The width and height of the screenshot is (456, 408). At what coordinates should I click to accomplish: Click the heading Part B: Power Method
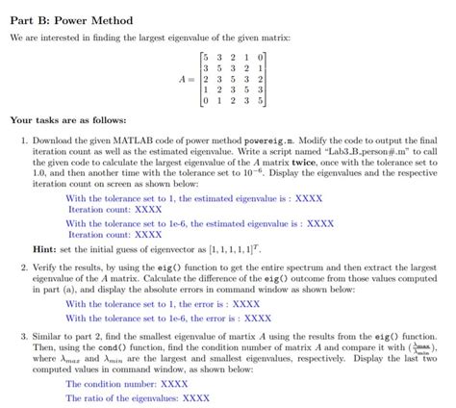[72, 19]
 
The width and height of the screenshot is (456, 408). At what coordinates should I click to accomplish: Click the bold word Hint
[45, 249]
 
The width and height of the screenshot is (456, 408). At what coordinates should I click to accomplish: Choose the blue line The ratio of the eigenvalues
[138, 396]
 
